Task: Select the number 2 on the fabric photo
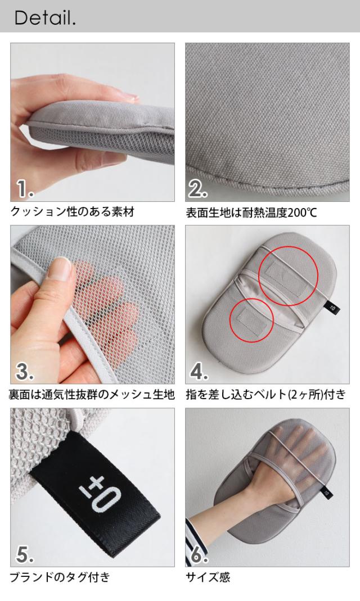tap(198, 188)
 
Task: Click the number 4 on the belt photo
tap(199, 371)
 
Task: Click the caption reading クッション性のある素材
tap(73, 212)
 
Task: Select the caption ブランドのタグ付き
tap(60, 577)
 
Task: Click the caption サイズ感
tap(208, 577)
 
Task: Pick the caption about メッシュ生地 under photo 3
tap(92, 395)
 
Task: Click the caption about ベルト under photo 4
tap(266, 395)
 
